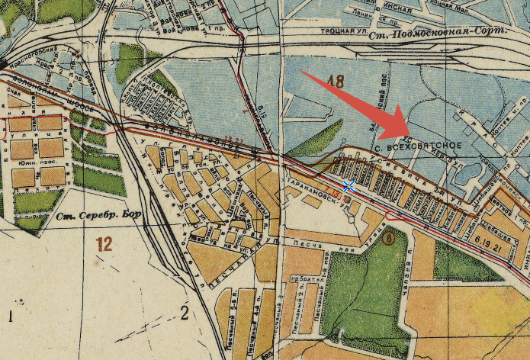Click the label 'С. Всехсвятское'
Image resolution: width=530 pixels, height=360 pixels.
pos(419,145)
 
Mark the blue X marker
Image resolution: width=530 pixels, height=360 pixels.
pos(349,186)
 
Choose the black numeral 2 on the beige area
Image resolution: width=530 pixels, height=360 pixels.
pos(183,310)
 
